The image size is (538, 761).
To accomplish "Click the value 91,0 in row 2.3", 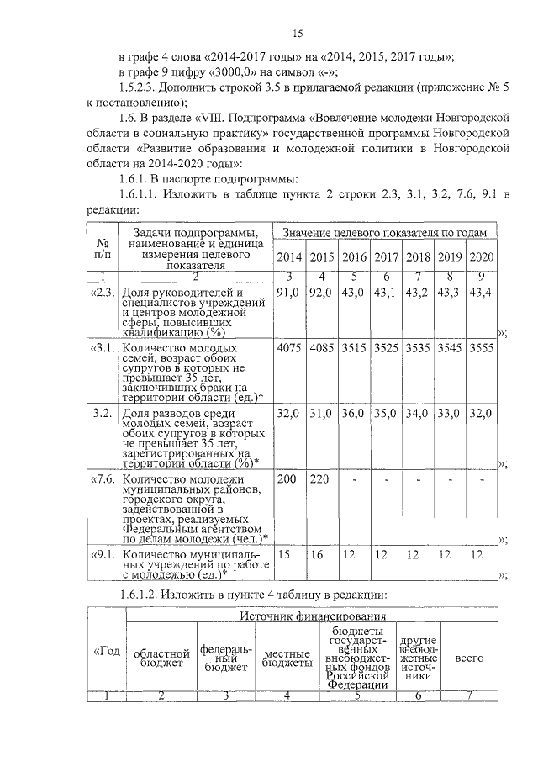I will tap(287, 292).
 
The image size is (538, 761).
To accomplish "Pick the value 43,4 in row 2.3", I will tap(481, 292).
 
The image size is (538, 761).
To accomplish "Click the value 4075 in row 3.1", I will tap(288, 347).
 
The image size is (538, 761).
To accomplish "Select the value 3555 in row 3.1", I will tap(481, 347).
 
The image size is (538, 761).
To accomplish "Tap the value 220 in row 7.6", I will tap(319, 478).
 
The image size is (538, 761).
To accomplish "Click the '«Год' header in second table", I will tap(107, 652).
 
